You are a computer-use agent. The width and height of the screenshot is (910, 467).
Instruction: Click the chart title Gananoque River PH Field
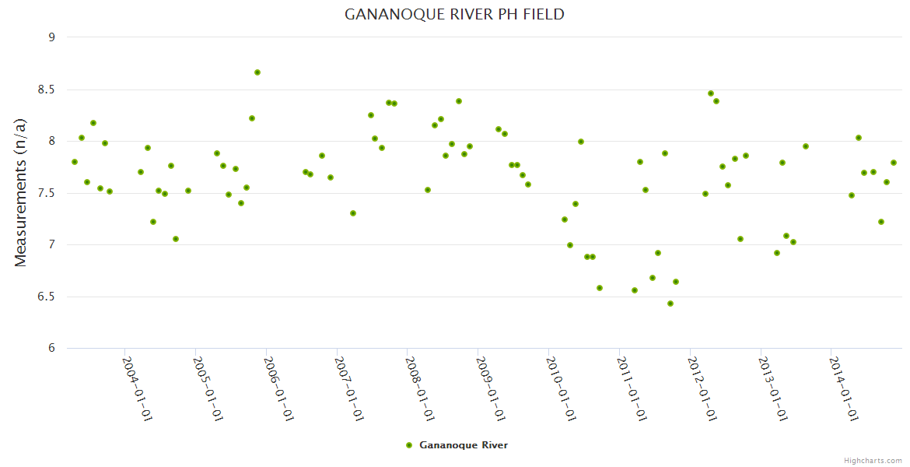454,15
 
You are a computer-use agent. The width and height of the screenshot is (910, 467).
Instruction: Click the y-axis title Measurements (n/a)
21,192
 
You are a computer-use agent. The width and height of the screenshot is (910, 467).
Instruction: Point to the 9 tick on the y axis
51,37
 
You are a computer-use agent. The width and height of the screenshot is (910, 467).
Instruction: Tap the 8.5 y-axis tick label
47,90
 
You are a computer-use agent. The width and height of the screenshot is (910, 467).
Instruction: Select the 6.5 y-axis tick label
47,297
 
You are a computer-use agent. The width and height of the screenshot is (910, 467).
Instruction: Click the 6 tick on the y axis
51,348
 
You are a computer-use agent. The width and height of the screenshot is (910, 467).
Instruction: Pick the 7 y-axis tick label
51,244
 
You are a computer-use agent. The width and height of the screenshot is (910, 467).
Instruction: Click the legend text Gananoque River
464,445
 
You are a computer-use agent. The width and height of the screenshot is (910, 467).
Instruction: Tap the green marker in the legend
408,445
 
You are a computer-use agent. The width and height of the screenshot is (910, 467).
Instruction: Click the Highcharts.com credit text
873,460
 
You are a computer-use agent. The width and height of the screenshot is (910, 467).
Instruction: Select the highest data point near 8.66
257,72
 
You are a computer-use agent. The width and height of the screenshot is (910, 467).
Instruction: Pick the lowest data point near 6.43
670,304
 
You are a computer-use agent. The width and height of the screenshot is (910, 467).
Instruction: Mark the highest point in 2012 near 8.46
711,93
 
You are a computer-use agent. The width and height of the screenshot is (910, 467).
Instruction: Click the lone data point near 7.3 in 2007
353,213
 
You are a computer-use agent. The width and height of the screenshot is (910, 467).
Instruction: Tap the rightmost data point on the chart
894,163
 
